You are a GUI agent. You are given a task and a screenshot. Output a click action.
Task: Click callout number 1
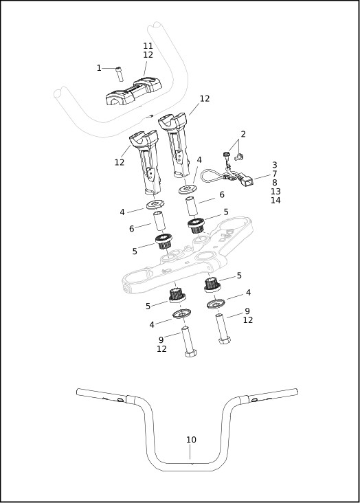click(99, 68)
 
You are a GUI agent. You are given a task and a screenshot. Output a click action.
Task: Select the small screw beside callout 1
click(119, 74)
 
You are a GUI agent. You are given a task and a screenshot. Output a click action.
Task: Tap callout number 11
click(148, 46)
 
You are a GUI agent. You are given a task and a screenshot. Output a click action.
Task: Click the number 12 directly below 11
click(148, 55)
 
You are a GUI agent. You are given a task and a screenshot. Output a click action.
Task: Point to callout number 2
click(243, 134)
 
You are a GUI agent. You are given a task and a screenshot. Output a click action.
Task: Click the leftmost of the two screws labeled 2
click(226, 156)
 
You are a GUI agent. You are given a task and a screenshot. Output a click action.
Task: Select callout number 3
click(275, 165)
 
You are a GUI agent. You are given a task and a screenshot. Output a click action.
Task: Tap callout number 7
click(275, 174)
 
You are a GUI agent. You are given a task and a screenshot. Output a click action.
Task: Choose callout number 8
click(275, 183)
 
